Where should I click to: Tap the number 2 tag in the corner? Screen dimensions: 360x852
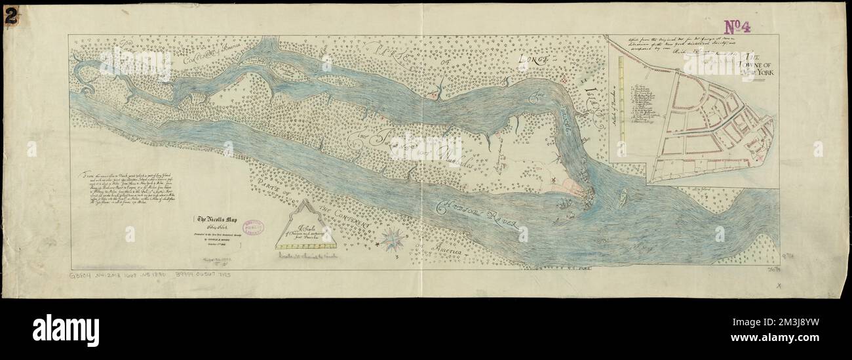10,18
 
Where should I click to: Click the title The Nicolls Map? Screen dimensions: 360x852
212,220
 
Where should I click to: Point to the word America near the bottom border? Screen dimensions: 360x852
442,249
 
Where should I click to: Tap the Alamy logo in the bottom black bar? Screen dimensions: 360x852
66,330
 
